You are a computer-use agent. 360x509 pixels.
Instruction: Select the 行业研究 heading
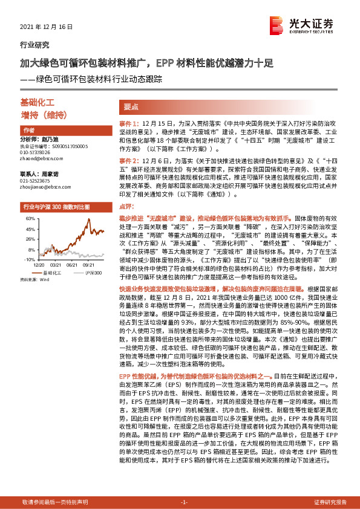pyautogui.click(x=34, y=45)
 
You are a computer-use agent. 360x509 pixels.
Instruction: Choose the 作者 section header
pyautogui.click(x=28, y=130)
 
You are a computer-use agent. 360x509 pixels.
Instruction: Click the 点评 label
pyautogui.click(x=126, y=207)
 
